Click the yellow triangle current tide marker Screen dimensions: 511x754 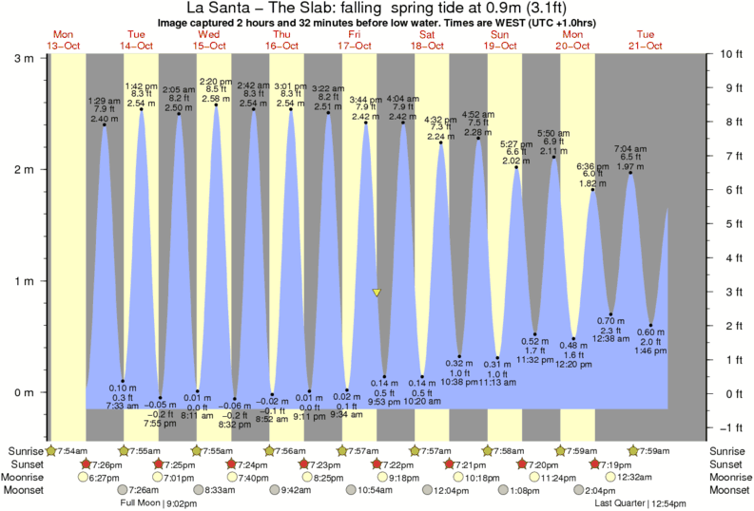click(x=377, y=293)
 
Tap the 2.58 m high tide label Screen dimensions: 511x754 click(x=215, y=99)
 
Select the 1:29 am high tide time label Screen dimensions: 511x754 click(x=103, y=101)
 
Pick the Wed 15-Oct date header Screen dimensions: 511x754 click(x=210, y=40)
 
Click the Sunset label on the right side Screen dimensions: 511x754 click(x=726, y=464)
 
